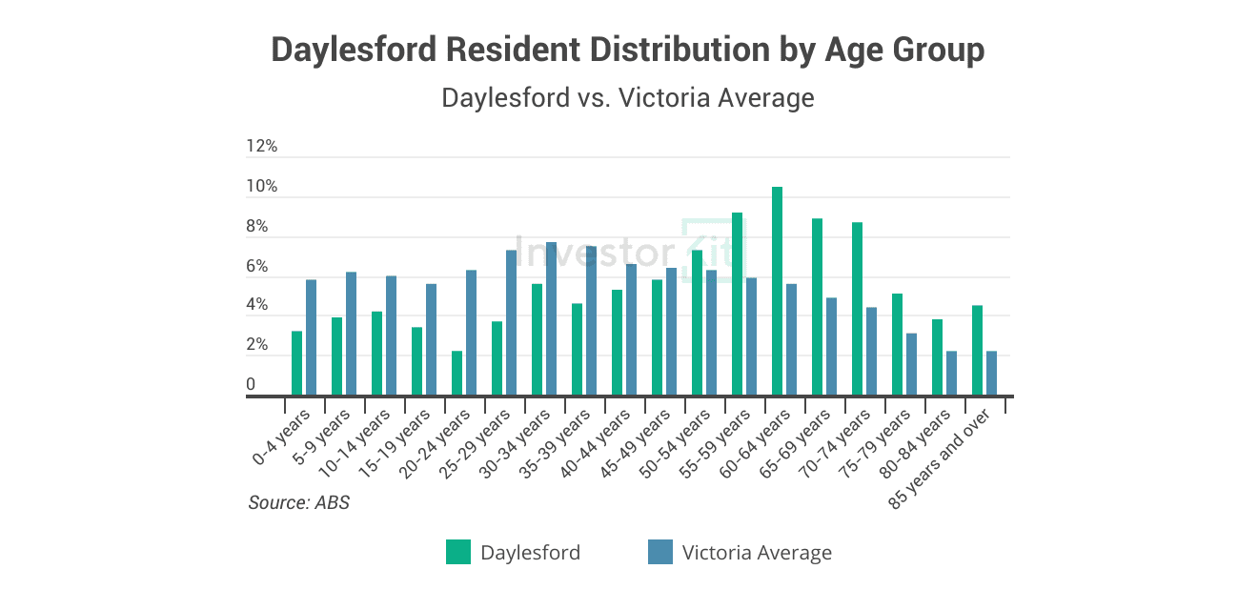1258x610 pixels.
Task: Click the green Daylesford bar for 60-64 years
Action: click(777, 291)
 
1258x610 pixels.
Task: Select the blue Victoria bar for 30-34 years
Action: click(552, 319)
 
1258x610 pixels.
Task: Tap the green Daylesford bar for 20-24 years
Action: click(457, 374)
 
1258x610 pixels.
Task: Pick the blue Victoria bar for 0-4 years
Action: click(312, 337)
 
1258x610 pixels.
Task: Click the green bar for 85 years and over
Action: click(977, 351)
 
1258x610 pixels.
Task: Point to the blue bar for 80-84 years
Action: click(952, 374)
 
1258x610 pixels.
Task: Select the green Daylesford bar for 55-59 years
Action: click(737, 304)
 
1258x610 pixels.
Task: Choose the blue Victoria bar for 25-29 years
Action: click(512, 323)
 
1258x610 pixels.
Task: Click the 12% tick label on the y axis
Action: click(261, 147)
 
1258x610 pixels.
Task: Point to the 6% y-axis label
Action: click(257, 267)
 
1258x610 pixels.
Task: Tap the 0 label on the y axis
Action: click(251, 385)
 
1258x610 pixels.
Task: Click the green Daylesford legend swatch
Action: click(458, 552)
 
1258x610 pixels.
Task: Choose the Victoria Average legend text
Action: click(757, 553)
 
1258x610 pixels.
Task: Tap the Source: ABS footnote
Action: click(299, 502)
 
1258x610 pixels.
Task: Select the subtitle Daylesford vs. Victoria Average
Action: click(628, 97)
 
